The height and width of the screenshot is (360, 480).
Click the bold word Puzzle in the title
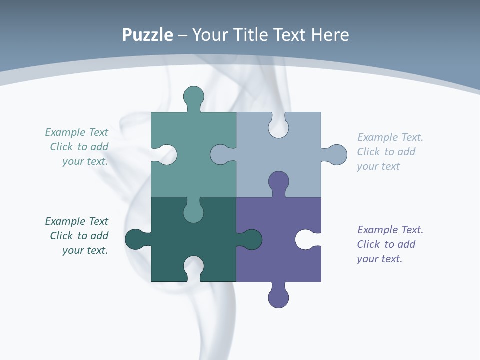coord(147,35)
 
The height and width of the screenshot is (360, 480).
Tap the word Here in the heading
coord(330,35)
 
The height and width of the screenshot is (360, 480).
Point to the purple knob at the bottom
coord(278,298)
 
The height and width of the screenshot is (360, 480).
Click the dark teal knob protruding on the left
coord(135,239)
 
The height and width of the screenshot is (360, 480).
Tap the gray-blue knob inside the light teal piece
coord(220,154)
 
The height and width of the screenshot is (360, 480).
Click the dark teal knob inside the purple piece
coord(252,239)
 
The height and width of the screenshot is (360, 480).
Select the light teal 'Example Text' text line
coord(76,132)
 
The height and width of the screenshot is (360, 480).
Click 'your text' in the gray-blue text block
coord(378,166)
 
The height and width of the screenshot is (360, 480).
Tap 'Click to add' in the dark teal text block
coord(79,236)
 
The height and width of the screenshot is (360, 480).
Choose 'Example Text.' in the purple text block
coord(390,230)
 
